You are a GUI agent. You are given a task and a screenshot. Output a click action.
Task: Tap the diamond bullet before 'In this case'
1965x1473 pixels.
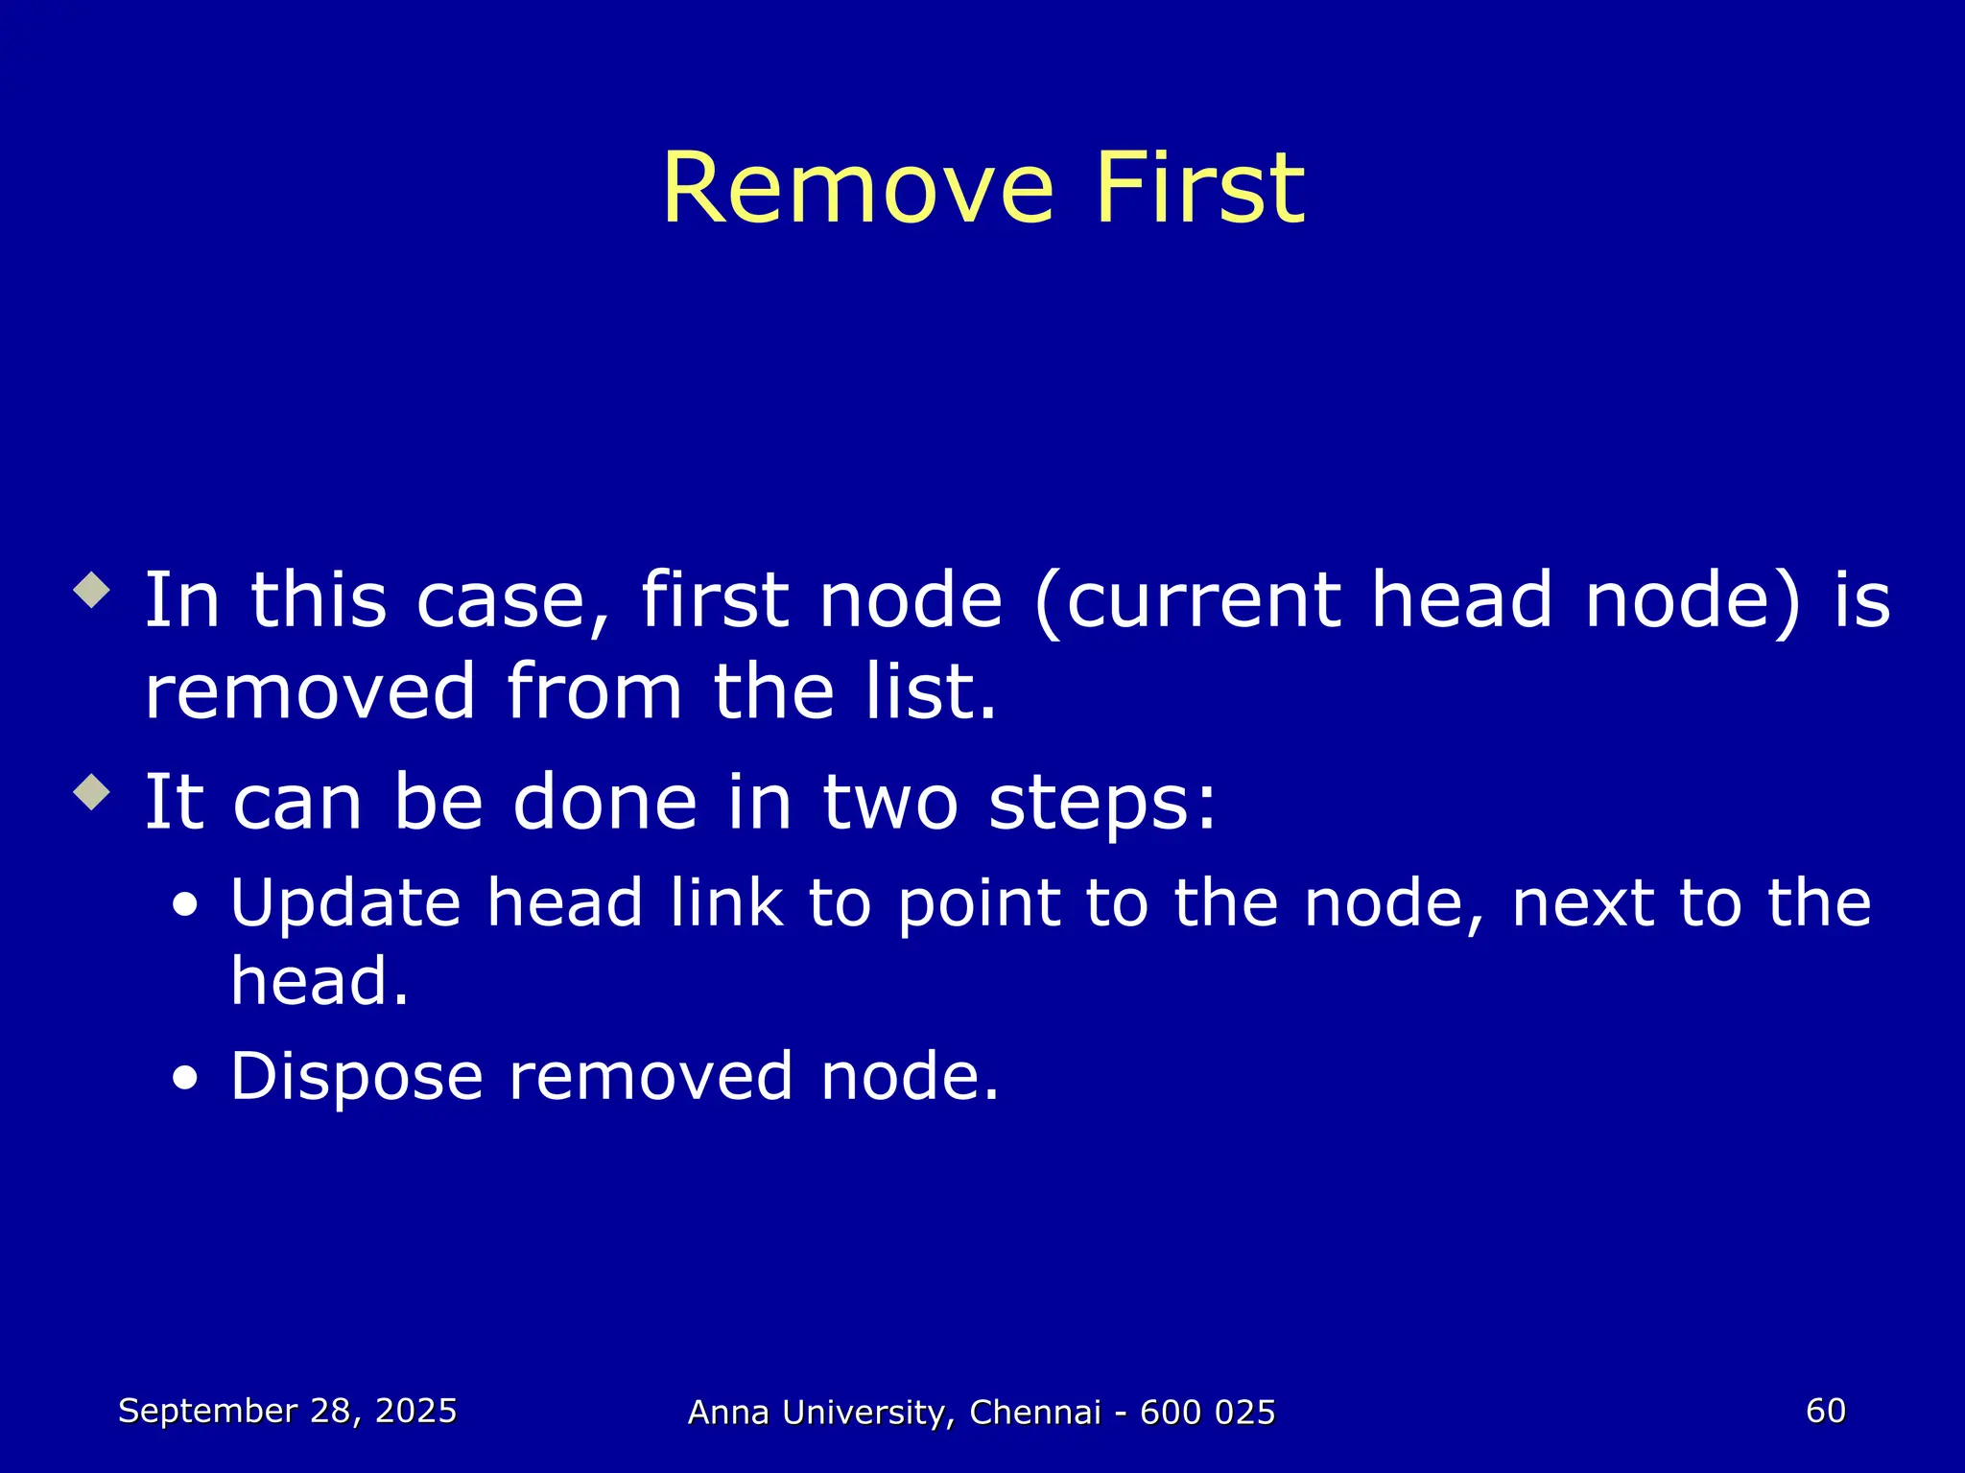92,590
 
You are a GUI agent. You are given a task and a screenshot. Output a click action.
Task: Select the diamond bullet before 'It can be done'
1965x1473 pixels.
92,791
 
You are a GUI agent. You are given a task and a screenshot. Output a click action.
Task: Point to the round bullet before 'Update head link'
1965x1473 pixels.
185,904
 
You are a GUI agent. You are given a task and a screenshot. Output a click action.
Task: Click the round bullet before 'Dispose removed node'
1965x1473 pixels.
185,1078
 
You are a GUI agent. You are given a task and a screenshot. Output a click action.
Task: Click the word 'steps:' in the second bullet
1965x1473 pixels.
1102,803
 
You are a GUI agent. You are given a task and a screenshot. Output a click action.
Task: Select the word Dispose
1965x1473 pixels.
356,1077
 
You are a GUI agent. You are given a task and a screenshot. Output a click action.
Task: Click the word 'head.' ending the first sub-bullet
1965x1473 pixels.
320,982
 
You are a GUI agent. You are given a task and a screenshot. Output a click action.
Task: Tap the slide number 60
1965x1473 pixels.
1825,1411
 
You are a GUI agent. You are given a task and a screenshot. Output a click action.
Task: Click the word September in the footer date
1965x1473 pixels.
207,1411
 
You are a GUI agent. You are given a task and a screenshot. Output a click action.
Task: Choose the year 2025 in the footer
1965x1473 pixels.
415,1411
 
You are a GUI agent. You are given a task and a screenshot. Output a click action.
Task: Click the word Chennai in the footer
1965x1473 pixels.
1035,1413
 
